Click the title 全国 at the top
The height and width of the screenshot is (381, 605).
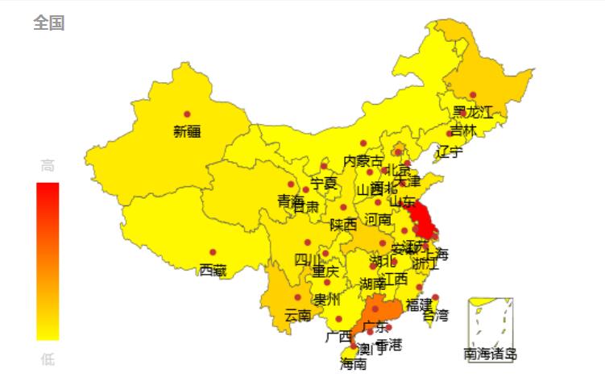click(48, 23)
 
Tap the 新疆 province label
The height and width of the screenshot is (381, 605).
click(187, 131)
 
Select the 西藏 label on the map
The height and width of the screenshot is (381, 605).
click(213, 269)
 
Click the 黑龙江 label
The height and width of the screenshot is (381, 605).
click(472, 112)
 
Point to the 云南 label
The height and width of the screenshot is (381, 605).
click(298, 315)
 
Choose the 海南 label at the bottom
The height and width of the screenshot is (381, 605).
click(353, 364)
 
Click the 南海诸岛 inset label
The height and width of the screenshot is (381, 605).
click(491, 354)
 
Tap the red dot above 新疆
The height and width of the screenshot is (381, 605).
click(187, 114)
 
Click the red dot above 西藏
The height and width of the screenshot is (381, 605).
click(213, 253)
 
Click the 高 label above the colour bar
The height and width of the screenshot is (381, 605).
click(48, 166)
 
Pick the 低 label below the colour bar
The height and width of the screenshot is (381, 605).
click(48, 358)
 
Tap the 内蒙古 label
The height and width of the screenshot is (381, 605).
click(363, 161)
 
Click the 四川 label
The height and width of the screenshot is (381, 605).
click(307, 259)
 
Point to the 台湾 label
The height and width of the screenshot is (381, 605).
click(435, 315)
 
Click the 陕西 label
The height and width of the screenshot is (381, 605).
click(343, 225)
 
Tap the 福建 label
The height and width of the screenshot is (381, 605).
click(419, 304)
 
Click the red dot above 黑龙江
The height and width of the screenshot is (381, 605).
click(472, 95)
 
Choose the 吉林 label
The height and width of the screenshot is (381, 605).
click(463, 129)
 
